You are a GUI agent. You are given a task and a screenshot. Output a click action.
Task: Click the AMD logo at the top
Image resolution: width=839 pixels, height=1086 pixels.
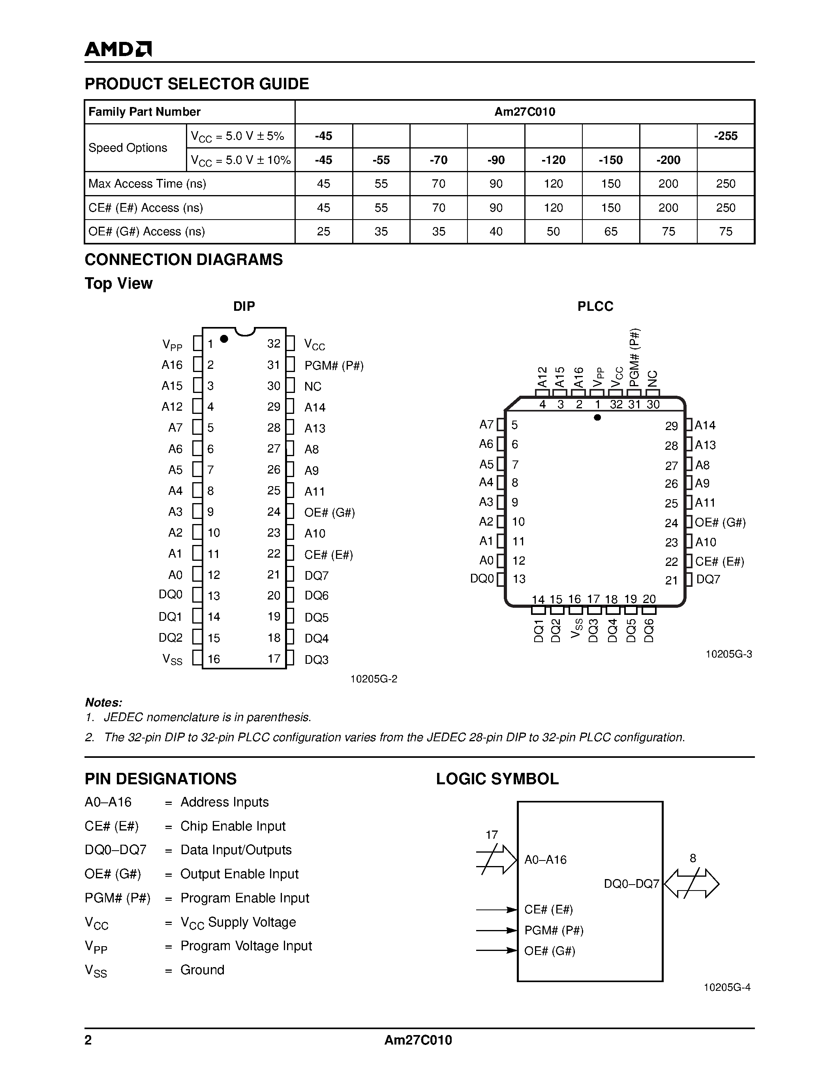118,49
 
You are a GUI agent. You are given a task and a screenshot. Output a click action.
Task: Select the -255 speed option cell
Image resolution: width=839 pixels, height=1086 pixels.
725,136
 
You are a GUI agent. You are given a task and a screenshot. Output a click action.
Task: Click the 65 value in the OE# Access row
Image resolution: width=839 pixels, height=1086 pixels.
610,231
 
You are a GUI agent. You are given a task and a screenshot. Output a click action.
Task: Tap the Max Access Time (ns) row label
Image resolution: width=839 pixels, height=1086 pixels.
147,184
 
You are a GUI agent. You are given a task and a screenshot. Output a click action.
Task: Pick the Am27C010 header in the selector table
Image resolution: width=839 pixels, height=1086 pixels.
524,112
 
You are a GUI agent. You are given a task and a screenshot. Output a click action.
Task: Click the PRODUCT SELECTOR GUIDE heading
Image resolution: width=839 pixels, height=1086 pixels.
197,84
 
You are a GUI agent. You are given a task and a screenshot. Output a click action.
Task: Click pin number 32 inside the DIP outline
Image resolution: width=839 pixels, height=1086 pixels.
273,344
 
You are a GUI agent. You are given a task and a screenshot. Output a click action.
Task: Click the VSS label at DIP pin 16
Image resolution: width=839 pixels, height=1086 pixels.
172,660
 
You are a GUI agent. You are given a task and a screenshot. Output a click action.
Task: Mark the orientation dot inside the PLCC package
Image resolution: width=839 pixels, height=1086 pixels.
597,417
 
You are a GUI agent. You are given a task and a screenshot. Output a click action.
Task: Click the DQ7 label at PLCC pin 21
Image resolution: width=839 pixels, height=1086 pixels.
708,579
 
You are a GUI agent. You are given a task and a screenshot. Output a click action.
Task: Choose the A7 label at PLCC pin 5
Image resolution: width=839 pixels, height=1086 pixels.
486,425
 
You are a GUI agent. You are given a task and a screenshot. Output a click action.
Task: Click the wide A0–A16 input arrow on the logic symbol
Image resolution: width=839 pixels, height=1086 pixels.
497,859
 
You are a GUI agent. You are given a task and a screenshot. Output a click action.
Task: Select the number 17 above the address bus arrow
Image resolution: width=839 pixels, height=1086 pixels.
491,835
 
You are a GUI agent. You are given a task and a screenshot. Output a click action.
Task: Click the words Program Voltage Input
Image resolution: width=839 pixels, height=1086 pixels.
246,946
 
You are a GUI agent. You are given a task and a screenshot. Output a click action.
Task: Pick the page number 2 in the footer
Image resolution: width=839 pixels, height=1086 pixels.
88,1040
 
